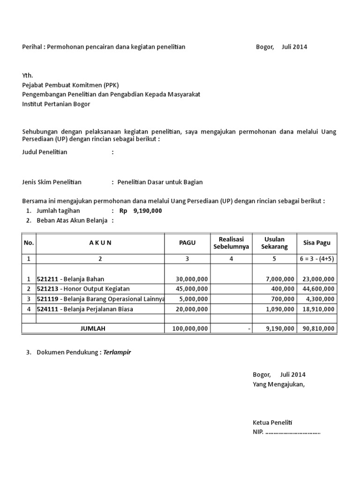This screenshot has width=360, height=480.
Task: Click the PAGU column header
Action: (187, 243)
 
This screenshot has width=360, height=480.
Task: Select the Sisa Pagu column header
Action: (316, 243)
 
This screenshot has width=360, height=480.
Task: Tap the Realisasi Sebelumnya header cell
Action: (231, 243)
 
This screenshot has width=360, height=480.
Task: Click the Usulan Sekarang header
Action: (274, 243)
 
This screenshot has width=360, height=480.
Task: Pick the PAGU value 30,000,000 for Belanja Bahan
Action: (191, 278)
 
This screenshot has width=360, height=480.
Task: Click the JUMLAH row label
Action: (93, 329)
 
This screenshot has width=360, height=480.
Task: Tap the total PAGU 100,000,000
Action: (190, 329)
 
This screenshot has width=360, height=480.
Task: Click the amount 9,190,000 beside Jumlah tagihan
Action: (148, 211)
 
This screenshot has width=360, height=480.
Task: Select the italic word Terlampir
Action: (117, 352)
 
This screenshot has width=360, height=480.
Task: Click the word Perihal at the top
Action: (32, 47)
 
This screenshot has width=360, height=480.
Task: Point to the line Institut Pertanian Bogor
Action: (56, 104)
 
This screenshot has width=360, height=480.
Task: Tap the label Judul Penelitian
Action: (45, 152)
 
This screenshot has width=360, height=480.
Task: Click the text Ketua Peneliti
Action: (272, 422)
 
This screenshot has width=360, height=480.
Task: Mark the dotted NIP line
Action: (292, 432)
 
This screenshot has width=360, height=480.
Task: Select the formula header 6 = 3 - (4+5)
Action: (316, 258)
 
